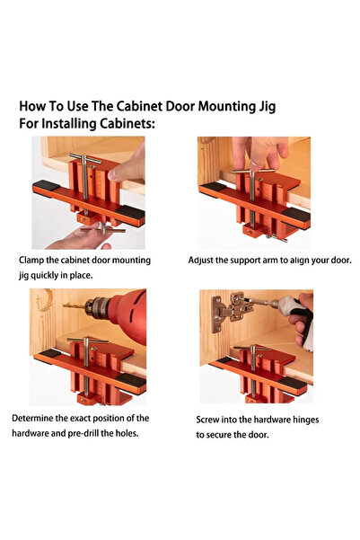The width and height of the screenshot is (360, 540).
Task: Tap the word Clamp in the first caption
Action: coord(35,260)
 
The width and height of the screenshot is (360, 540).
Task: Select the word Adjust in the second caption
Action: coord(205,260)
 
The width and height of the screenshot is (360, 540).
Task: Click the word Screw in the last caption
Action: coord(212,420)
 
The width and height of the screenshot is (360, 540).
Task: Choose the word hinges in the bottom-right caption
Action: coord(301,420)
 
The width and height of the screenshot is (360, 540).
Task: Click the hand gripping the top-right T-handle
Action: coord(257,149)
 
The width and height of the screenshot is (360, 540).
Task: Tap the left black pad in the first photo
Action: coord(43,187)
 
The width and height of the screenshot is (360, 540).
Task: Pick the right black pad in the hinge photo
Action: coord(296,376)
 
